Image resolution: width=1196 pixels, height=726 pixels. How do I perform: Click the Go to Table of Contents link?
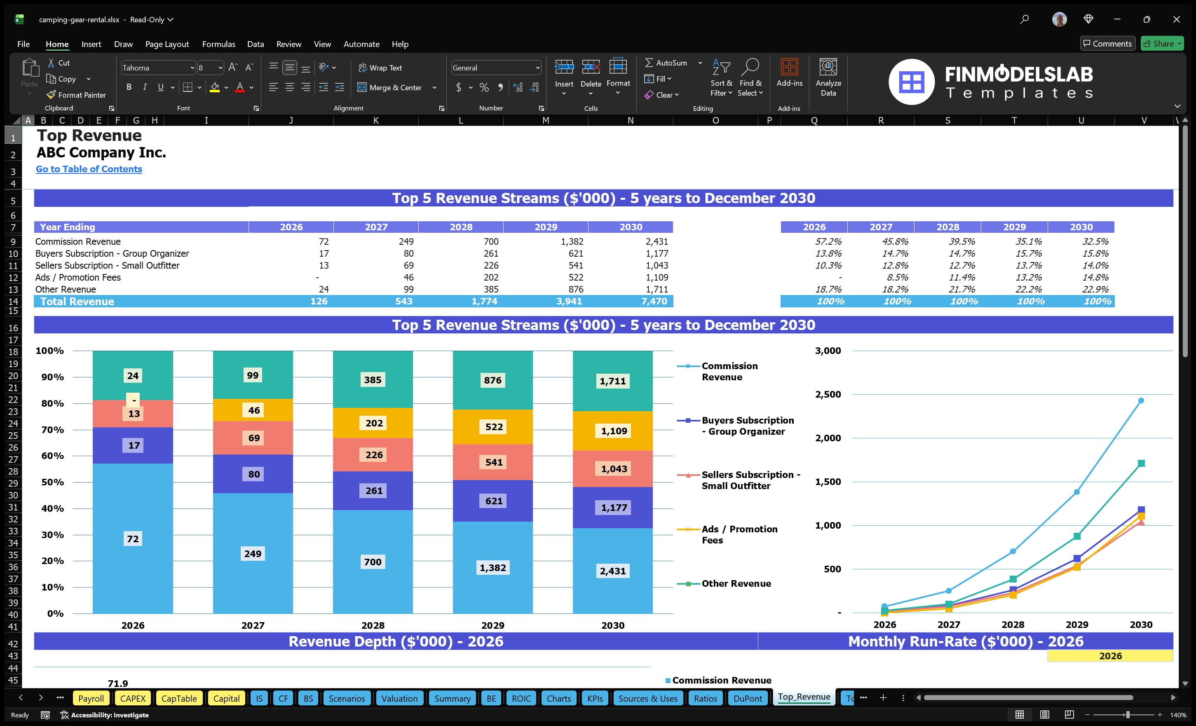tap(89, 169)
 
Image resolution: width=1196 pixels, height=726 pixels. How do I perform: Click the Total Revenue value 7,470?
tap(653, 301)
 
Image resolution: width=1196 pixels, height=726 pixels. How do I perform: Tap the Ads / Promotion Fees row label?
tap(77, 277)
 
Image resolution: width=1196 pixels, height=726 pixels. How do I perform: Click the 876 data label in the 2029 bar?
tap(492, 380)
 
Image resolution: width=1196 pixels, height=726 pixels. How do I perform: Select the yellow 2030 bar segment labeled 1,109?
tap(614, 431)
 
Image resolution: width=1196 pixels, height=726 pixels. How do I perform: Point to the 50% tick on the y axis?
tap(52, 482)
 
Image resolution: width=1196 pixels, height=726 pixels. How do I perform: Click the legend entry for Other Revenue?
tap(735, 583)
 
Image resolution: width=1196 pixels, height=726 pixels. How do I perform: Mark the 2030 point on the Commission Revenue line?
tap(1141, 400)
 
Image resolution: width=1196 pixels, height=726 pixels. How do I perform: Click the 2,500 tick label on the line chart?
tap(828, 394)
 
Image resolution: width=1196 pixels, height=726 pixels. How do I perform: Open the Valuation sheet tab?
tap(399, 698)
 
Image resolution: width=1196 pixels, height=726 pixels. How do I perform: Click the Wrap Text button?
tap(380, 68)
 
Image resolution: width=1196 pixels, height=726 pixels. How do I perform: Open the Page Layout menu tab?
tap(167, 44)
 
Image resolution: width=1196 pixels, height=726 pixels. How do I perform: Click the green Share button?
tap(1161, 44)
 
